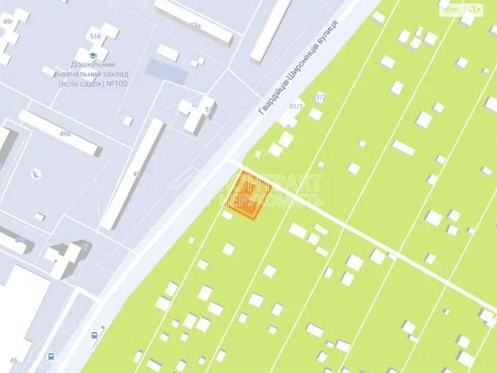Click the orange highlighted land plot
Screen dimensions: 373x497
(250, 195)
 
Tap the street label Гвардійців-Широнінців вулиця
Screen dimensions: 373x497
(299, 68)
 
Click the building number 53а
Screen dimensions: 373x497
(195, 25)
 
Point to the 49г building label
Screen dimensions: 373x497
(7, 22)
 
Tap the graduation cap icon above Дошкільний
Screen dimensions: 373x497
(92, 55)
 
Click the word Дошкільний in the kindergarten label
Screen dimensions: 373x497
(93, 65)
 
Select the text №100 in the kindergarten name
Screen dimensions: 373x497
(117, 84)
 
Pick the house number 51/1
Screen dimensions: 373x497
(296, 106)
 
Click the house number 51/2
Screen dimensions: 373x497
(319, 98)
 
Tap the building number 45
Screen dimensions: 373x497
(13, 361)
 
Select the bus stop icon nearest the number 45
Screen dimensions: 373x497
(50, 356)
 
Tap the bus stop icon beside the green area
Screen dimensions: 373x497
(94, 335)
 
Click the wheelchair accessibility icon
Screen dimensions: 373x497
(36, 174)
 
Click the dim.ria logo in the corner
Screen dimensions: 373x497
(462, 9)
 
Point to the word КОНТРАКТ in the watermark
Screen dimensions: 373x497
(271, 183)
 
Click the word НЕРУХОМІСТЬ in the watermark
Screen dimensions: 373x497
(271, 200)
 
